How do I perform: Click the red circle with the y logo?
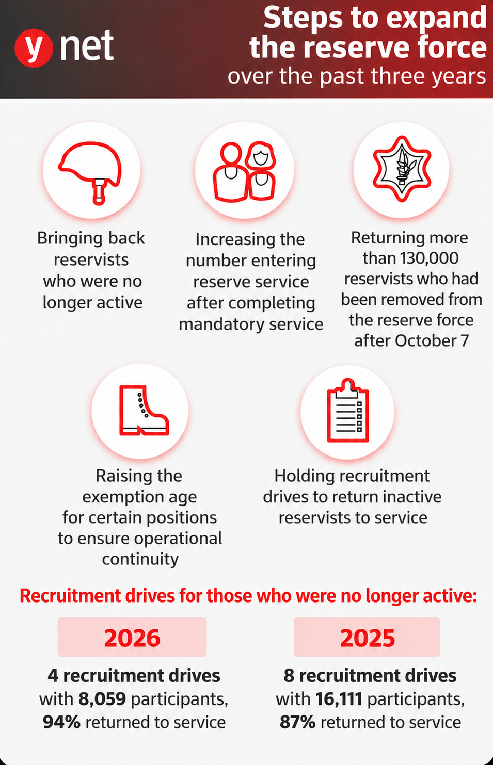[34, 48]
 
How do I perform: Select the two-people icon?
[245, 172]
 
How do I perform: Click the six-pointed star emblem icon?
[402, 169]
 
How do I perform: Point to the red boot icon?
[143, 411]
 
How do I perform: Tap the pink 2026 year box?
[132, 637]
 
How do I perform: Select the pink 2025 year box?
[367, 637]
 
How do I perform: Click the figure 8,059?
[102, 699]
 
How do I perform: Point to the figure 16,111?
[339, 699]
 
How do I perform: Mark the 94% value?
[61, 722]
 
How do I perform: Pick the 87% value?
[297, 722]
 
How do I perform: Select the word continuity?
[140, 559]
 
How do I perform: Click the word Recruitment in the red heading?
[70, 596]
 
